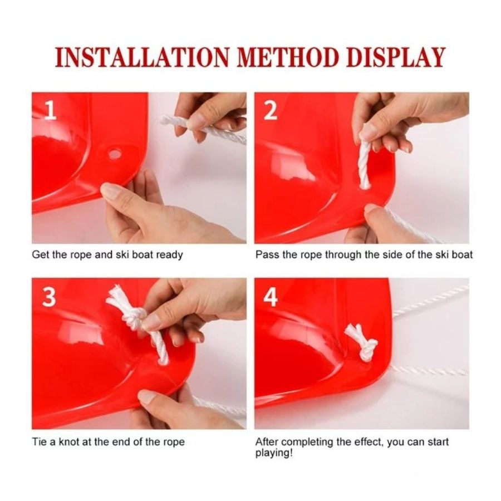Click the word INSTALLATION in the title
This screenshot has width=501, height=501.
(142, 58)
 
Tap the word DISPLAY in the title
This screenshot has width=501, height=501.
(396, 58)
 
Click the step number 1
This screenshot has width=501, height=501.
(50, 111)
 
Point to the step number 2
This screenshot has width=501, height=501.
(271, 111)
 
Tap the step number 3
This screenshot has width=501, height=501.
(49, 297)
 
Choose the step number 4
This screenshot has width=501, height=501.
(271, 297)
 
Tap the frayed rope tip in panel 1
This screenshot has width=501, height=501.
(168, 120)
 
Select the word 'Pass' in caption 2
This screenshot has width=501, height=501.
(268, 254)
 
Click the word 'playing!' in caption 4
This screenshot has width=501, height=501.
(274, 453)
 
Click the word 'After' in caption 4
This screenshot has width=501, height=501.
(267, 442)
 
